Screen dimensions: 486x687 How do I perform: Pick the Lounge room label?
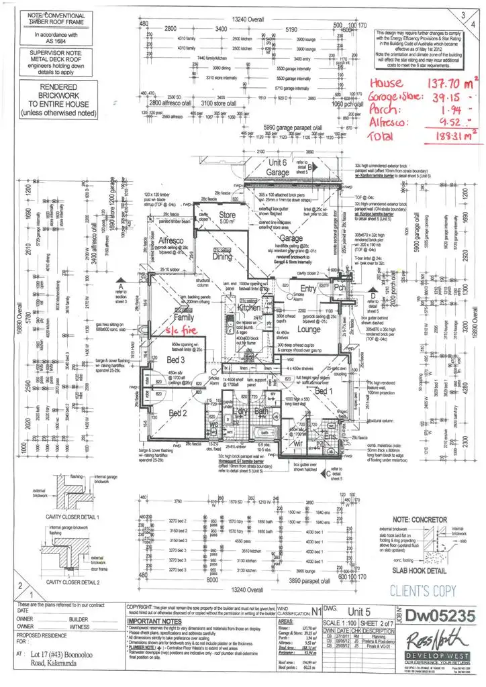(x=309, y=329)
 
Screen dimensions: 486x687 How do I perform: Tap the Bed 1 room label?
(x=324, y=390)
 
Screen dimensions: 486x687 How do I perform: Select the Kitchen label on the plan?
(x=250, y=307)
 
